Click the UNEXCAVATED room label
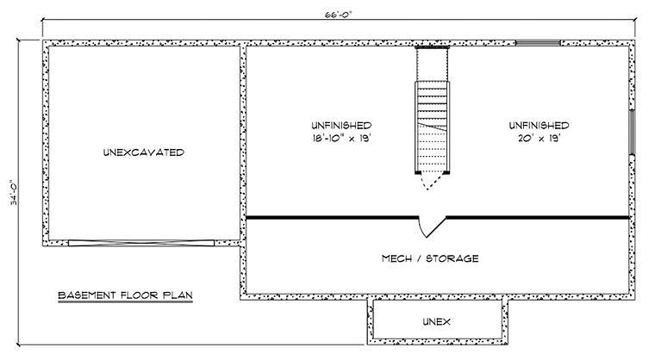144,152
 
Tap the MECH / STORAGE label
430,258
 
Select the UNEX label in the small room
437,321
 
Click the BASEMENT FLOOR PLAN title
125,295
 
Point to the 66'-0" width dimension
339,14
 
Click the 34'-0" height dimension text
14,193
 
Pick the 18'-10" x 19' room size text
341,139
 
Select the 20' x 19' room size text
539,139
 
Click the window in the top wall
538,42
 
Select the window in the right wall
632,132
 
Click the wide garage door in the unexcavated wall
141,243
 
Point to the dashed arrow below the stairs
427,182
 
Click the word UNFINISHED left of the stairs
341,125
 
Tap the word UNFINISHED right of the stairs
539,125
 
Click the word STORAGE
452,258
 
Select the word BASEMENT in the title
87,295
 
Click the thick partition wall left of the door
332,218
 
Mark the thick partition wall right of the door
538,218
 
